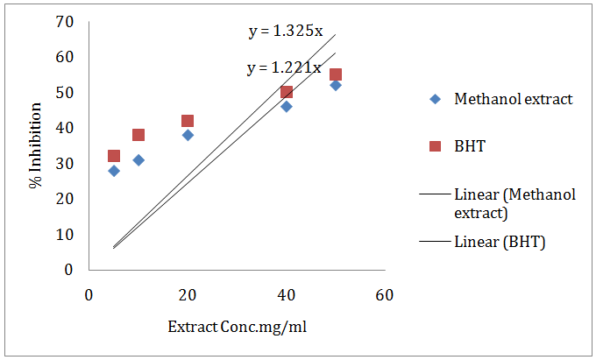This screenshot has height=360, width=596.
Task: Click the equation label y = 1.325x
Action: click(285, 32)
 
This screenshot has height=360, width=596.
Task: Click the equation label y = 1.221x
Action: click(284, 67)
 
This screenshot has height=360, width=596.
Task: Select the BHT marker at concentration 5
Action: click(114, 156)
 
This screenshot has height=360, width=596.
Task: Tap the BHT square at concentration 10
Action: click(138, 135)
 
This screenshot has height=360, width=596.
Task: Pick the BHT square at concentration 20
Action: click(188, 121)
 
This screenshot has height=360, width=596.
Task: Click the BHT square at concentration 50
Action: click(336, 74)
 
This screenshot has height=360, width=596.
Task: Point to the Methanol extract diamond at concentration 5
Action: click(114, 171)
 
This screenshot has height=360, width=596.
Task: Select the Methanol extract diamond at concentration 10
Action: click(138, 159)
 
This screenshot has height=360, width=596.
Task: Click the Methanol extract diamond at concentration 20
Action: click(188, 135)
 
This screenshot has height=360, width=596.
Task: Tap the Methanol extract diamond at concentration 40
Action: click(287, 106)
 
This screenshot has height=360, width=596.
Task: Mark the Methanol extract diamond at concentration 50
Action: click(336, 85)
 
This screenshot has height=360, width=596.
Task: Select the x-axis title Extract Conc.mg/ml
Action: click(238, 328)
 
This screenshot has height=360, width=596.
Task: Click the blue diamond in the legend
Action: click(435, 99)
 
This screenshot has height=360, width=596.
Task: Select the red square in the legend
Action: click(435, 146)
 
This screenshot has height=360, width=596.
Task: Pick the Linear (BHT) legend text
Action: click(500, 242)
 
